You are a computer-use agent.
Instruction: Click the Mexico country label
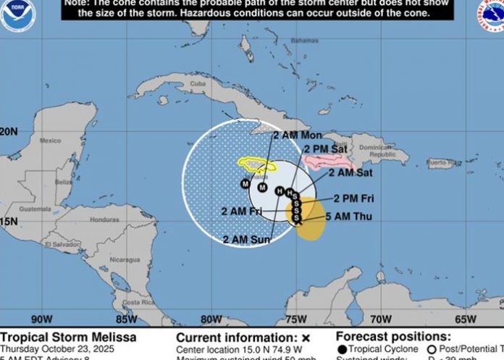[51, 141]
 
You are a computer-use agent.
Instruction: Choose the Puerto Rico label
[441, 163]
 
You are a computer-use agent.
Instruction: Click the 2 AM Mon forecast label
[298, 135]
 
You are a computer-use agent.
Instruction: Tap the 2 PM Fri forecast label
[353, 198]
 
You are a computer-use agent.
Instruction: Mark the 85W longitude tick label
[127, 319]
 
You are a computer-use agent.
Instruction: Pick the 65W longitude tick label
[466, 319]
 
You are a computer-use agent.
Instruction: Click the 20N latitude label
[9, 132]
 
